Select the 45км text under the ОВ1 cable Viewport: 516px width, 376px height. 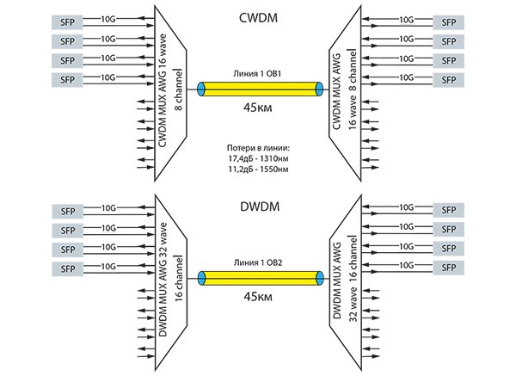pos(258,109)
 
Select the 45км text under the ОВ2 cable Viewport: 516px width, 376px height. pos(258,298)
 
